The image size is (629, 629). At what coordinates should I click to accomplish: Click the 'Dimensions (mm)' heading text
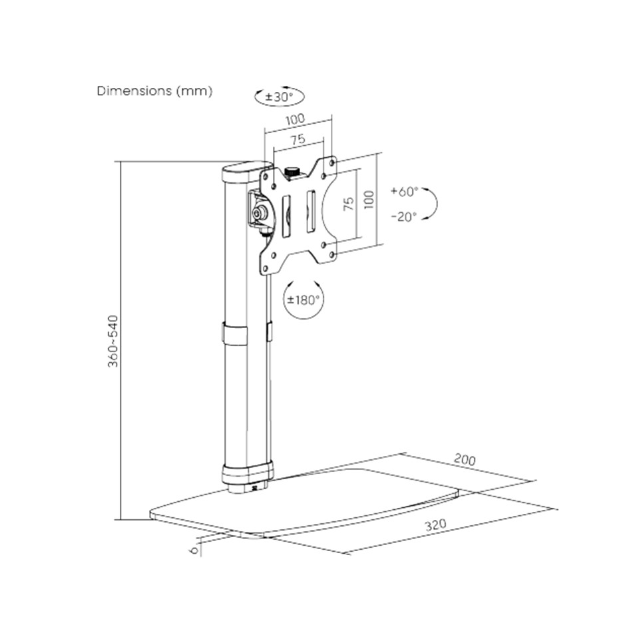(154, 91)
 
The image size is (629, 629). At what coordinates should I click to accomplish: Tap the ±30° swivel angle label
(279, 97)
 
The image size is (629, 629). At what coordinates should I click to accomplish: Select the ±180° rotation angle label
(304, 300)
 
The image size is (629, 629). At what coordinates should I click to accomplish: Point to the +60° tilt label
(405, 191)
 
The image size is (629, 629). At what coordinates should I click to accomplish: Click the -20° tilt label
(405, 217)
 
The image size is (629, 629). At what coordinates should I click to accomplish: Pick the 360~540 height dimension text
(114, 341)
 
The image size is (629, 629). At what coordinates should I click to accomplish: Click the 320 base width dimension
(435, 524)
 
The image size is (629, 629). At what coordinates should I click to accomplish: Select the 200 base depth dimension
(465, 459)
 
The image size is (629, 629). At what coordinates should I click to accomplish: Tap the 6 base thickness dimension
(194, 550)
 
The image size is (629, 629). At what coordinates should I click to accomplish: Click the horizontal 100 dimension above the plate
(296, 119)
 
